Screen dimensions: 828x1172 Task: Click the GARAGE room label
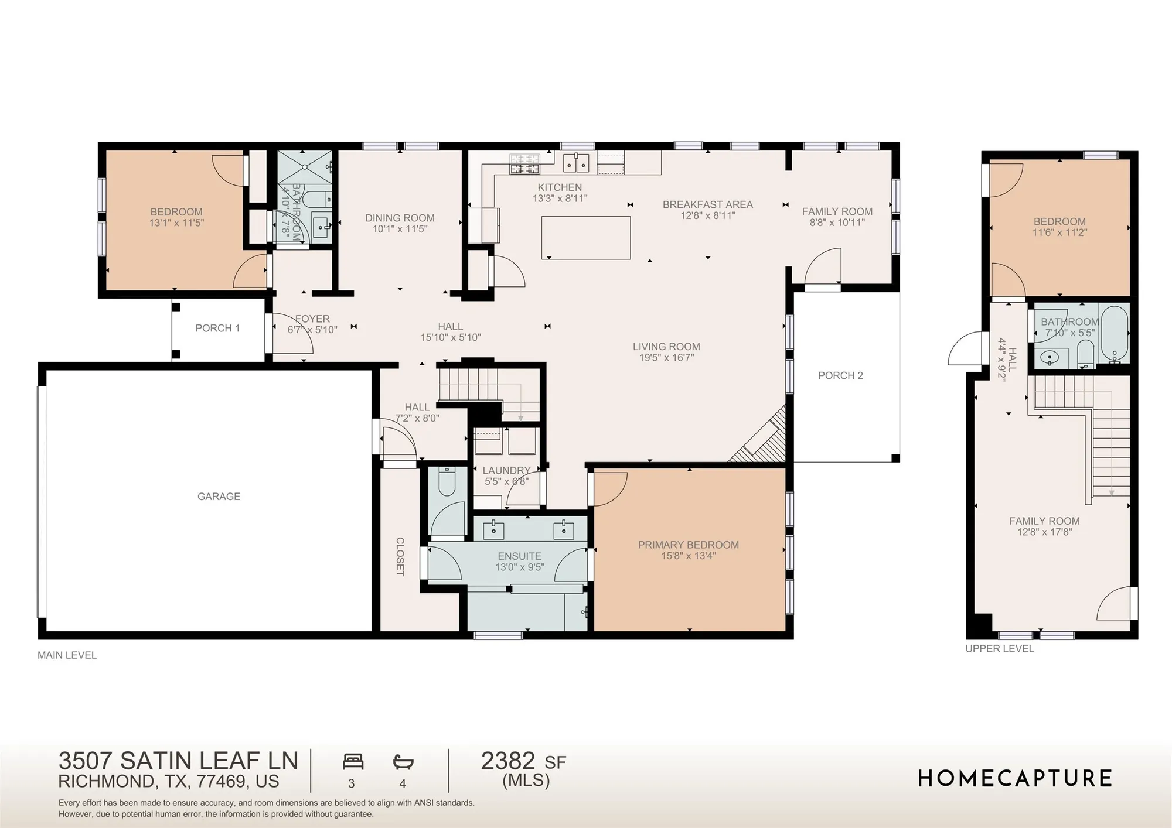tap(219, 497)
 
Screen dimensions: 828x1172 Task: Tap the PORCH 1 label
tap(217, 328)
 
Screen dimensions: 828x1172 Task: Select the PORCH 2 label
tap(840, 375)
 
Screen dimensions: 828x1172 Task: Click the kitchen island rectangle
tap(585, 238)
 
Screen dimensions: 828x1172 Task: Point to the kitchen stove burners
tap(524, 163)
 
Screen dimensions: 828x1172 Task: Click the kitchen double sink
tap(576, 163)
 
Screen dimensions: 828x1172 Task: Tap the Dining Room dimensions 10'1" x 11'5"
tap(400, 229)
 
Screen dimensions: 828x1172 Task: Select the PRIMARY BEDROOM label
tap(688, 545)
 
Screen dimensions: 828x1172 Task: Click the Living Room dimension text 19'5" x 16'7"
tap(666, 357)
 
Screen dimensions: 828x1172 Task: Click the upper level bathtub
tap(1114, 334)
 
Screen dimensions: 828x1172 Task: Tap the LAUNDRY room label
tap(506, 470)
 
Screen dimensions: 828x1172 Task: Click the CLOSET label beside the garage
tap(400, 556)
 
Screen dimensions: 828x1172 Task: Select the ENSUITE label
tap(519, 556)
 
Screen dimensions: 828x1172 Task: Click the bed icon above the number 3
tap(353, 762)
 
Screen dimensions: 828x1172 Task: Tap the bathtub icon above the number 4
tap(403, 762)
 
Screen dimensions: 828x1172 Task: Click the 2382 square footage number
tap(507, 761)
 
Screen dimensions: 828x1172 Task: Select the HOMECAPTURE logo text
tap(1014, 779)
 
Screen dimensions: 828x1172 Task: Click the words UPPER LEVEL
tap(999, 649)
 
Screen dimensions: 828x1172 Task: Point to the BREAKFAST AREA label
tap(707, 204)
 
